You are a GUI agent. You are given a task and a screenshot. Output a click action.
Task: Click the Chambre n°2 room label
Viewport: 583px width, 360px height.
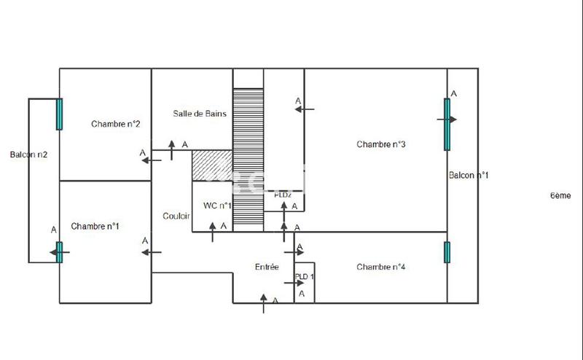[x=116, y=124]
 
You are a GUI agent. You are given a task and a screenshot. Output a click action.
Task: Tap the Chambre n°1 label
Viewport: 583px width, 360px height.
[x=95, y=227]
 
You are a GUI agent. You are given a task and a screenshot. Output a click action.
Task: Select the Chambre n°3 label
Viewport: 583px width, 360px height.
[x=381, y=144]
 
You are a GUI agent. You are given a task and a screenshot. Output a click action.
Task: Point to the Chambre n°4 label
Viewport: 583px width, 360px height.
[x=381, y=267]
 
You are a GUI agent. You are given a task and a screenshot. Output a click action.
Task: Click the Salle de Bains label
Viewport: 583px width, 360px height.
[x=200, y=114]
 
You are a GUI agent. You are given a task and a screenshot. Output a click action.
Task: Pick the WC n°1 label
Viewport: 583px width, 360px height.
[x=218, y=206]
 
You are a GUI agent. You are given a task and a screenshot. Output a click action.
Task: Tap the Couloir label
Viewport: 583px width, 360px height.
[x=176, y=216]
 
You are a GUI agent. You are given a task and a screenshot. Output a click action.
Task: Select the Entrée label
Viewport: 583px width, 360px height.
[x=267, y=267]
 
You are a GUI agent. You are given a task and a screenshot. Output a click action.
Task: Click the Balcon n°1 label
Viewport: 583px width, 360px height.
[x=469, y=176]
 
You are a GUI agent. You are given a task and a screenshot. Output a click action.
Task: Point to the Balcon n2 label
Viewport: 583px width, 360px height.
[x=29, y=154]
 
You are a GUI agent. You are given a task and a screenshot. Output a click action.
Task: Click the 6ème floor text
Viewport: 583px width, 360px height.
[x=560, y=196]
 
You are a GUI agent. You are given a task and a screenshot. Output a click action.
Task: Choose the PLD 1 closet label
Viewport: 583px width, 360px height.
[x=304, y=277]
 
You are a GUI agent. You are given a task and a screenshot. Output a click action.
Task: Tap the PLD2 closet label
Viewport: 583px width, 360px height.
[x=283, y=195]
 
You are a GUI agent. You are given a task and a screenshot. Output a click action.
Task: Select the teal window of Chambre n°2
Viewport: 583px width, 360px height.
[x=59, y=113]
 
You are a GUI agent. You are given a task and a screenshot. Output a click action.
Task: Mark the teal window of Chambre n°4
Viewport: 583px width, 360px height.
[x=447, y=252]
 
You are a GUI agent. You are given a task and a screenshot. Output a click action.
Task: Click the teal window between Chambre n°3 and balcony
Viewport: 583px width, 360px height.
[x=447, y=124]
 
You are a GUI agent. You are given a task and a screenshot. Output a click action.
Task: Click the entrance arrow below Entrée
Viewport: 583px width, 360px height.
[x=264, y=302]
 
